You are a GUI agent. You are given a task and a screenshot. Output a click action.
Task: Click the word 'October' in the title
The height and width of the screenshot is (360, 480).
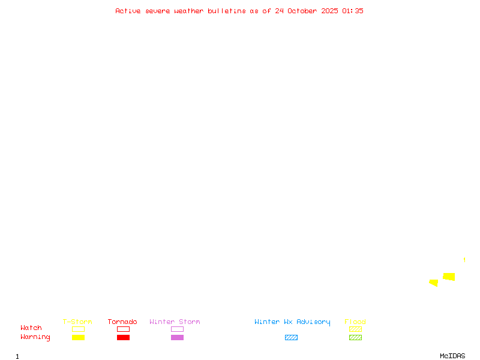[305, 11]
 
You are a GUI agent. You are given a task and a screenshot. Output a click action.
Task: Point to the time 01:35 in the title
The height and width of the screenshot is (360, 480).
[353, 11]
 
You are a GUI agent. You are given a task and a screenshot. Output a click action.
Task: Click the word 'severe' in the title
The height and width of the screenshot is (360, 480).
[158, 11]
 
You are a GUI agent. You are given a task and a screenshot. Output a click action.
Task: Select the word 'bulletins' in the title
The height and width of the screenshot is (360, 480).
[227, 11]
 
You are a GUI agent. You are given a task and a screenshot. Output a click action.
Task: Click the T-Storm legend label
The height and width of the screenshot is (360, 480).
[77, 322]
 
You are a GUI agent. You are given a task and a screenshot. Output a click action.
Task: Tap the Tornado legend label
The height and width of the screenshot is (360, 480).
[122, 322]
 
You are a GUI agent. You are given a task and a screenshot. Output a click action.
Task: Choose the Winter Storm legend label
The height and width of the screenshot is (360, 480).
[175, 322]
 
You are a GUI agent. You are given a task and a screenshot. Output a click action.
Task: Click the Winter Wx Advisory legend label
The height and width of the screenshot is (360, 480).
[292, 322]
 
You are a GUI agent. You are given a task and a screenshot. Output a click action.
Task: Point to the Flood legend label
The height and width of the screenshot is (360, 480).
[355, 322]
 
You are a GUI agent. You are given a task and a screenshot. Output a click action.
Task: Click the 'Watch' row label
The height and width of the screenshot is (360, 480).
[31, 328]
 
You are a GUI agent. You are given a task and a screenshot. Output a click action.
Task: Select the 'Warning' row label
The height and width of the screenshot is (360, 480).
[35, 337]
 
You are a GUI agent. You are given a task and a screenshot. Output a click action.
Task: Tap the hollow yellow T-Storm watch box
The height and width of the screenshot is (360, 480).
[78, 329]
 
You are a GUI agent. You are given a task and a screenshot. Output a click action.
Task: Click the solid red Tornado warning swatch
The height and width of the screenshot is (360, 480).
[123, 337]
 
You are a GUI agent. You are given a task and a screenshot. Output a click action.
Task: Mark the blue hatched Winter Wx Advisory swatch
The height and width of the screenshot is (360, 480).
[291, 337]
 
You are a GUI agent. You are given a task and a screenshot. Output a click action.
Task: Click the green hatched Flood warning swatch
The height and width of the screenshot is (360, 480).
[355, 337]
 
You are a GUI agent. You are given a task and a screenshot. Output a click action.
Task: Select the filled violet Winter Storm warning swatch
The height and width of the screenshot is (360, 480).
[177, 337]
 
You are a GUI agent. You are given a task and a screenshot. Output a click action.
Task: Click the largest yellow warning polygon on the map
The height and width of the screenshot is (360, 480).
[449, 277]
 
